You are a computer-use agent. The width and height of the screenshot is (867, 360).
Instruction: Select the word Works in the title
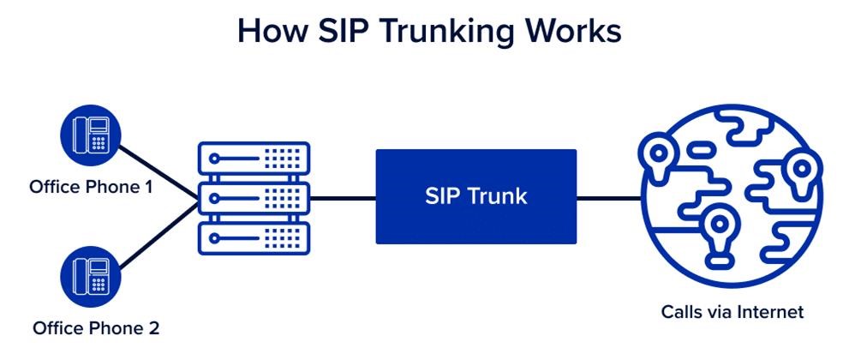[x=576, y=32]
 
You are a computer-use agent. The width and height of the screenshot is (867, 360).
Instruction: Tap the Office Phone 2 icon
[x=91, y=276]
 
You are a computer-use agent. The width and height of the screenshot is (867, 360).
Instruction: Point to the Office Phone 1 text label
[x=91, y=185]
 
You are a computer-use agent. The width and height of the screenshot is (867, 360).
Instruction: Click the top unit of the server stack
[x=254, y=159]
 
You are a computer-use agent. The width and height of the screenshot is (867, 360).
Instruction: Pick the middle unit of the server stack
[x=254, y=198]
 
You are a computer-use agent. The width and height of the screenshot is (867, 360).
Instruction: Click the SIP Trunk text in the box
[x=476, y=196]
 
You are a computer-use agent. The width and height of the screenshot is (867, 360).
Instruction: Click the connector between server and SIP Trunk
[x=343, y=198]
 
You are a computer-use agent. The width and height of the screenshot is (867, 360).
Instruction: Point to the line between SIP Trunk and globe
[x=608, y=198]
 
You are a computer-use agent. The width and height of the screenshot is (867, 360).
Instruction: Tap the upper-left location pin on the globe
[x=659, y=157]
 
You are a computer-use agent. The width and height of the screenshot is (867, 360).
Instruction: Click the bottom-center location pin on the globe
[x=717, y=228]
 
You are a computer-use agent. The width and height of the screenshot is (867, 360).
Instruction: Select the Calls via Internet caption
[x=732, y=312]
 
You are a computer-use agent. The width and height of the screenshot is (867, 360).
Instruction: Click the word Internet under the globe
[x=771, y=312]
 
